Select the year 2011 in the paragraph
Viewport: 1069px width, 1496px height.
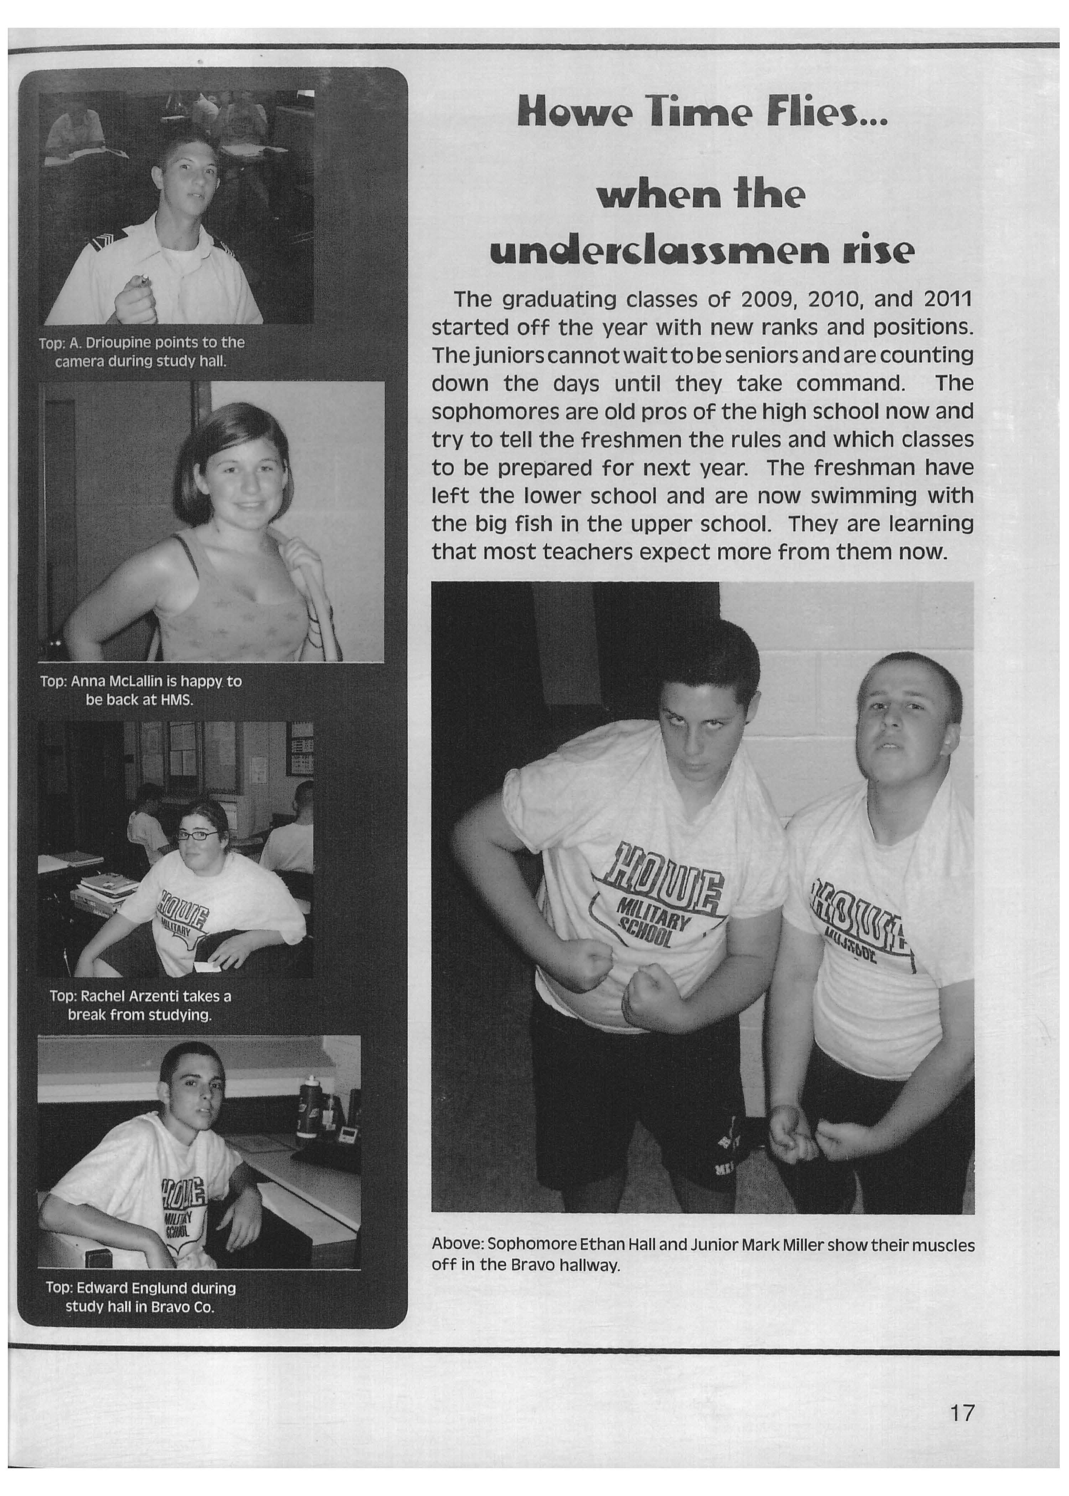[x=948, y=300]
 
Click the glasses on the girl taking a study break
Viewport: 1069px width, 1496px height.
[x=197, y=836]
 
